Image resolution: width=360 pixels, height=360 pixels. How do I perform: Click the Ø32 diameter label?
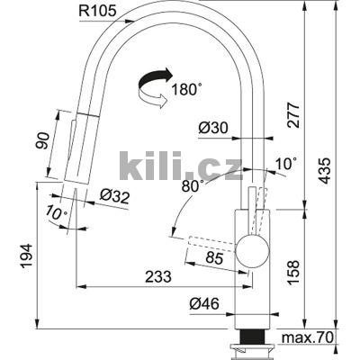(112, 195)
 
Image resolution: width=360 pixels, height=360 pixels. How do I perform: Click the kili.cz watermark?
(180, 166)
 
